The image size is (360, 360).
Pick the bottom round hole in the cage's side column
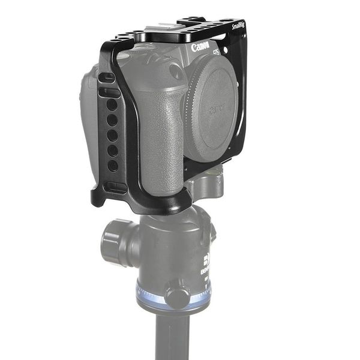tap(113, 164)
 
